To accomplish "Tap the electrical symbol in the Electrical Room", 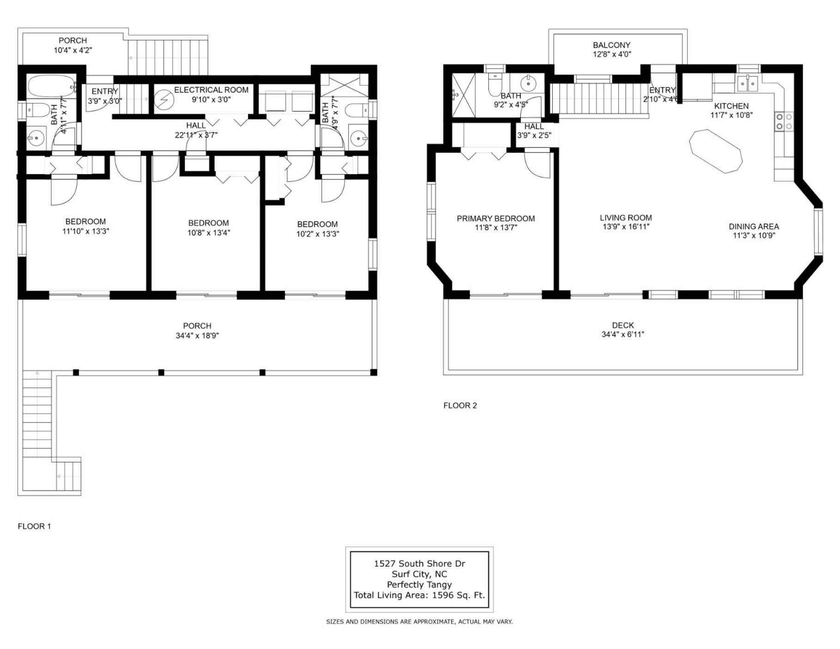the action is [163, 100].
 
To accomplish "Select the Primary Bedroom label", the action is [496, 218].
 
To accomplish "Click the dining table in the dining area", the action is [716, 152].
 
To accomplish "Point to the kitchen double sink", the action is [748, 84].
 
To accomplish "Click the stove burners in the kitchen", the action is [784, 121].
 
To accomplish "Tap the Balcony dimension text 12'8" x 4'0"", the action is [612, 54].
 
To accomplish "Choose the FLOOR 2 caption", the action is [460, 406].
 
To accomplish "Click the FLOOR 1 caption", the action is [34, 526].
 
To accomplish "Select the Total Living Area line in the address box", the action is [420, 595].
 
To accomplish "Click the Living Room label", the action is [626, 218].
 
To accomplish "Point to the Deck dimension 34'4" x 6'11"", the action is [623, 334].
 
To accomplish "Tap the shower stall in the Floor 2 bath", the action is [463, 95].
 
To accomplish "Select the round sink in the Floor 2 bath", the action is [528, 84].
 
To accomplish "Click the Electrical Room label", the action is [211, 90].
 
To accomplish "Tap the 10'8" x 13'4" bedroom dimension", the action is [209, 233].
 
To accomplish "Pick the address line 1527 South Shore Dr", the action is [420, 564].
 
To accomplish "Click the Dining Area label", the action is [754, 226].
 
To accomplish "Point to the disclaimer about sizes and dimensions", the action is [420, 622].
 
